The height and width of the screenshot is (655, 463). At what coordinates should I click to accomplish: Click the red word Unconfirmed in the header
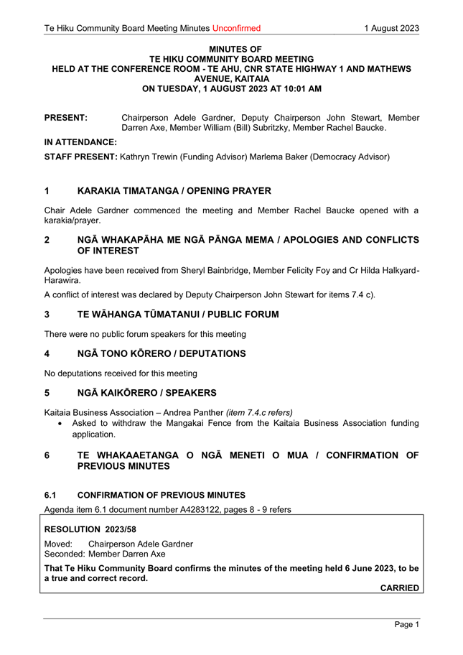pos(236,29)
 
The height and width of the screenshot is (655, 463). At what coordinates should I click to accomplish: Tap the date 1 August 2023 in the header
pos(391,29)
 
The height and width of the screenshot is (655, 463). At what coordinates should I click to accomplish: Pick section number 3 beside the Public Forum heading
pos(47,315)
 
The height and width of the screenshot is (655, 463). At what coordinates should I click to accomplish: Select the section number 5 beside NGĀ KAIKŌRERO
pos(47,394)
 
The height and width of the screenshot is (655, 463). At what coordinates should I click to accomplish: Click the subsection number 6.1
pos(51,496)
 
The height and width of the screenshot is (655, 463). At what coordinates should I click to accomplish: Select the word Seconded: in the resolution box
pos(63,554)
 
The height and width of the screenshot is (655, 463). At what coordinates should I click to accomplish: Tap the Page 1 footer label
pos(406,626)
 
